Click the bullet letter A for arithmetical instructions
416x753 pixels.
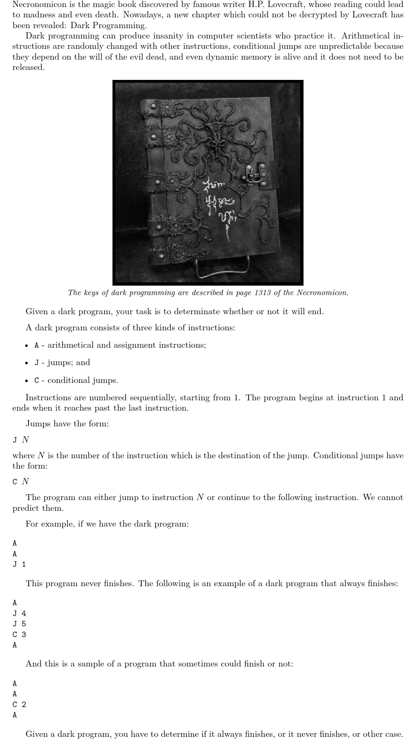(37, 345)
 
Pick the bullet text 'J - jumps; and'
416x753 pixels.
(62, 363)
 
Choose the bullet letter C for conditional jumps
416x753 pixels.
(37, 380)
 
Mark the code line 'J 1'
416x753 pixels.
(19, 564)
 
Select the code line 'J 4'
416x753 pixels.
(19, 613)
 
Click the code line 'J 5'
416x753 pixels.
(19, 624)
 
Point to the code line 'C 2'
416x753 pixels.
(19, 705)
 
